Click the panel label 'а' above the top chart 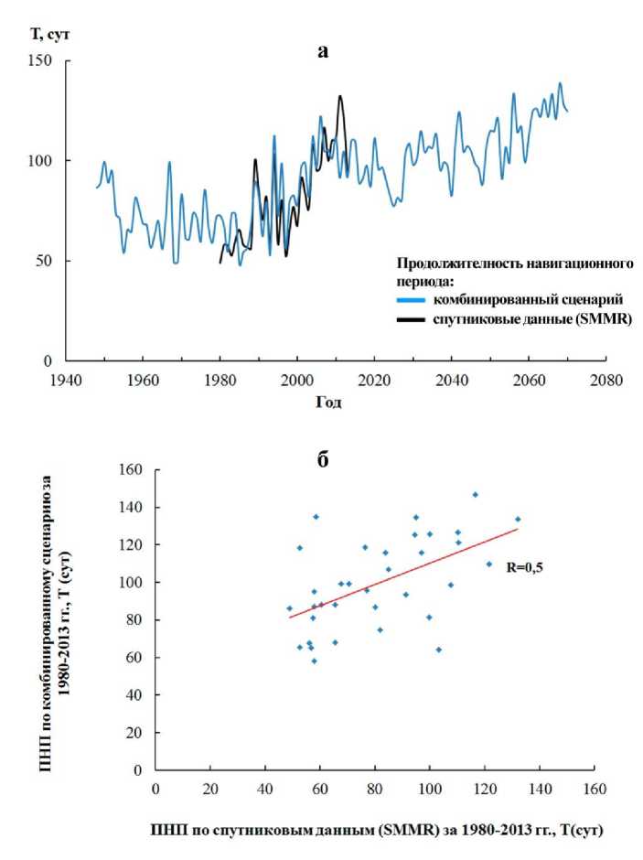coord(321,52)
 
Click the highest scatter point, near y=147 coord(475,495)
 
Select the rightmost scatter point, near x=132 coord(517,519)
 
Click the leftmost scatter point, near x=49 coord(289,608)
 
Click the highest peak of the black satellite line coord(339,96)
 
